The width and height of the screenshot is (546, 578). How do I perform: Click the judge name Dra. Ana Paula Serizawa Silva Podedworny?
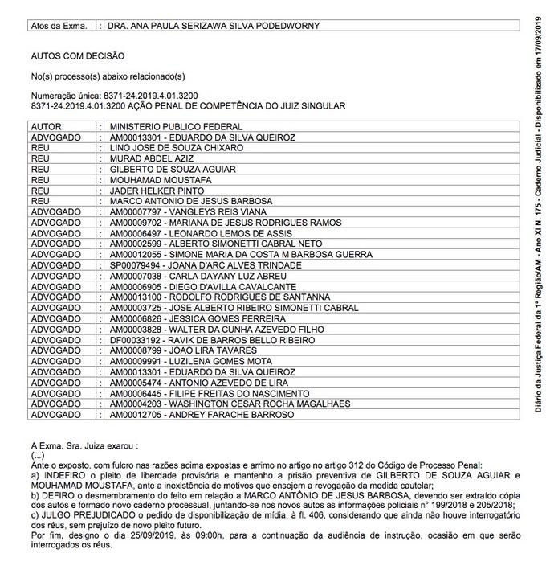click(x=214, y=26)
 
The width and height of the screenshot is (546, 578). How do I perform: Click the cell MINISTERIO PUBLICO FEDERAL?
click(x=176, y=127)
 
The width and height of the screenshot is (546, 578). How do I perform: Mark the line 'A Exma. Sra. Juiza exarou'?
click(x=84, y=445)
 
